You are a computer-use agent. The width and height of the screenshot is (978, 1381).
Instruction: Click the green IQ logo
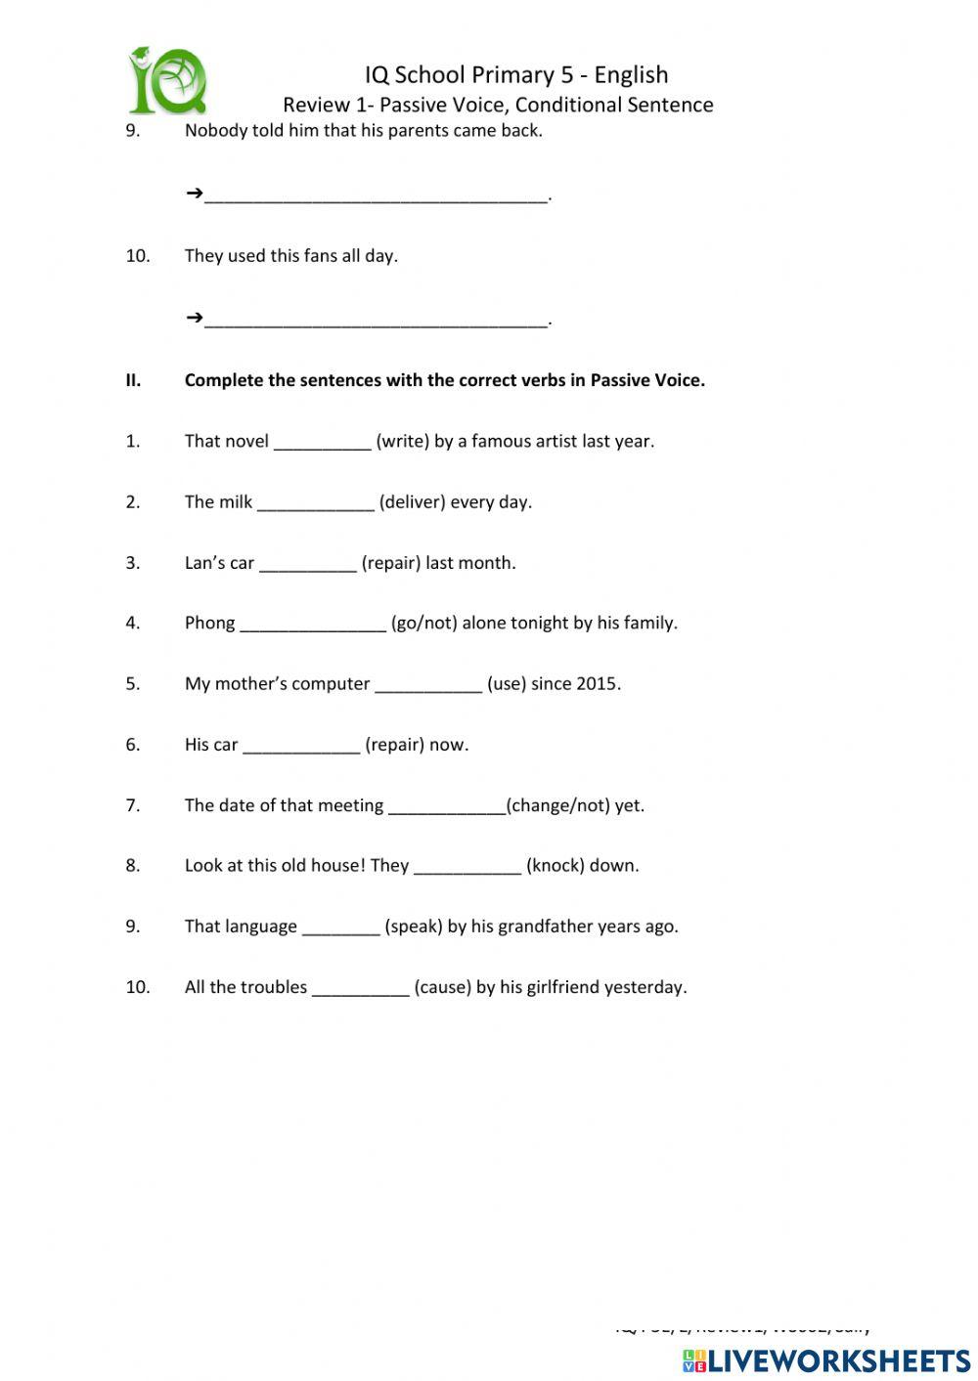[x=167, y=80]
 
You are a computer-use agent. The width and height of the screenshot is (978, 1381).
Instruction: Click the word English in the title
[x=631, y=75]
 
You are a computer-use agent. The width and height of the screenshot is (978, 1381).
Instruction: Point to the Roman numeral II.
[x=133, y=381]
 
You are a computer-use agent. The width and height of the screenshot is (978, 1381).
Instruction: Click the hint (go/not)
[x=423, y=624]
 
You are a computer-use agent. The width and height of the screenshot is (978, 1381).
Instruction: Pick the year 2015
[x=597, y=684]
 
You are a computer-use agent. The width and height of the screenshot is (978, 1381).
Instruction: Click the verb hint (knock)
[x=556, y=866]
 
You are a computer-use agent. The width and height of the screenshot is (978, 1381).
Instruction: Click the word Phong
[x=209, y=624]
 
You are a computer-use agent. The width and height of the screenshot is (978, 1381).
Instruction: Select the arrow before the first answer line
[x=194, y=194]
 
